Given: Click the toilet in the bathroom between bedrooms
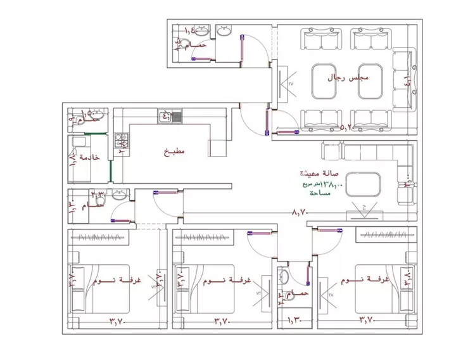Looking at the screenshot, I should point(283,276).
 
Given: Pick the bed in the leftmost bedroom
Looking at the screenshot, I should point(101,288).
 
